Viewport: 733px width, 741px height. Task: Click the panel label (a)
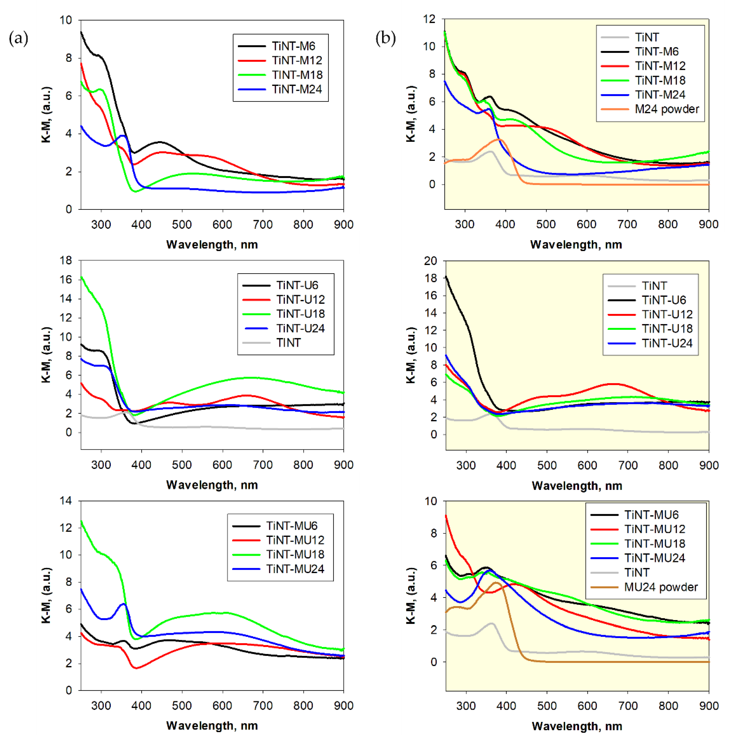18,38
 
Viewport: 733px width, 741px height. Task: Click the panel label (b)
385,38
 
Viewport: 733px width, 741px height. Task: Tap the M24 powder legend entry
667,109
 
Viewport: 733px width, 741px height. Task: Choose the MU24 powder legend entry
660,587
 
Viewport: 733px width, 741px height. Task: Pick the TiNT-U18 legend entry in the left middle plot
300,314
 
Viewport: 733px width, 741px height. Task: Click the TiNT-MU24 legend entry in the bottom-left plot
295,569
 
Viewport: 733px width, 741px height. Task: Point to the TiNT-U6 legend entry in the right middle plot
664,300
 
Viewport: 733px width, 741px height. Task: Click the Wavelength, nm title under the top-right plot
576,245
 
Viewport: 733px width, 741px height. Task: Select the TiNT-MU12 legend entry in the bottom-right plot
654,529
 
